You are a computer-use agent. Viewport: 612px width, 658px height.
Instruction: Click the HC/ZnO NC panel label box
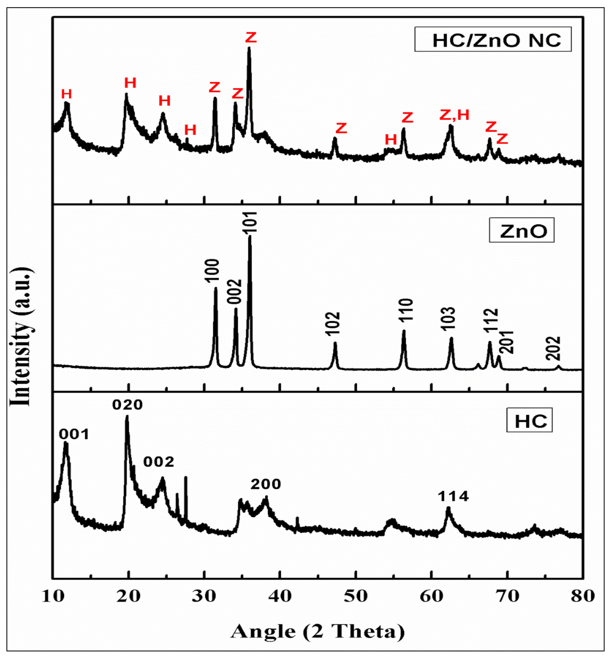coord(493,39)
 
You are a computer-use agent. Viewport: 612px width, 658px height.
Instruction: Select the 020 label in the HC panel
coord(128,404)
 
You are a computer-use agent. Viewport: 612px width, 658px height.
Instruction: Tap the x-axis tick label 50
coord(356,596)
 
